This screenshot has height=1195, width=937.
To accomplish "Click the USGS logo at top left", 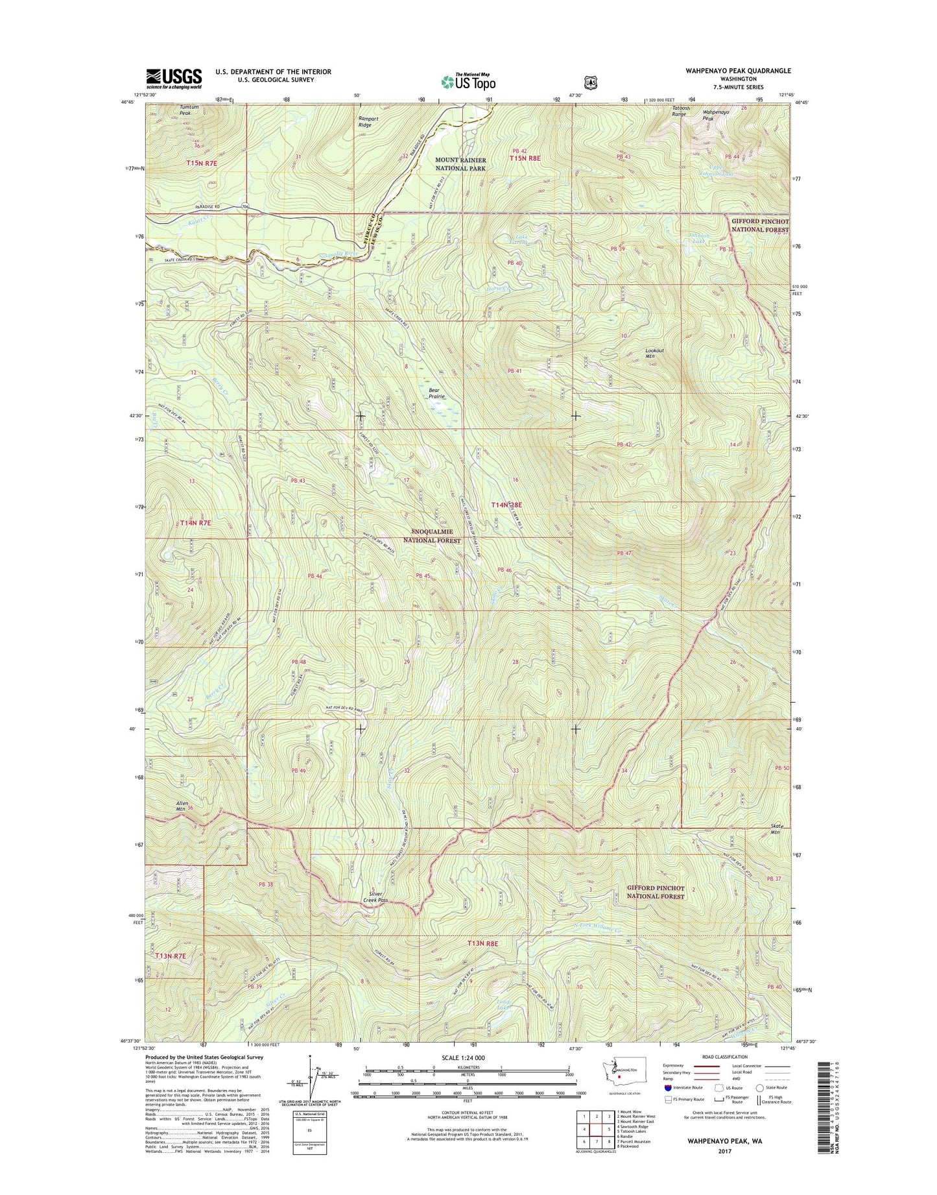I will coord(174,79).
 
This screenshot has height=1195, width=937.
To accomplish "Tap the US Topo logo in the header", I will coord(468,82).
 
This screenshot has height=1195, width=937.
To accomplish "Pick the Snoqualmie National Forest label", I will coord(432,536).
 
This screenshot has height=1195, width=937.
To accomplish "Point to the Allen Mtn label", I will coord(182,806).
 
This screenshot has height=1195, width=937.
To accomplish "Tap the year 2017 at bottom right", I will coord(724,1152).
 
